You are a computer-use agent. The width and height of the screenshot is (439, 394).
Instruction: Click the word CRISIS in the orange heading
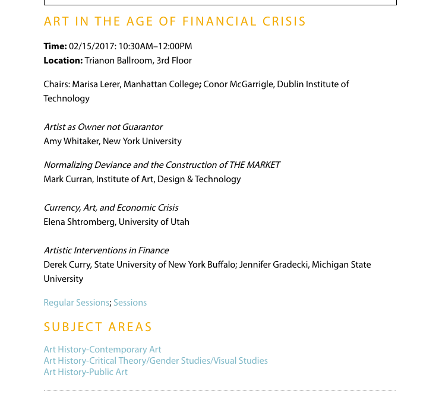point(285,22)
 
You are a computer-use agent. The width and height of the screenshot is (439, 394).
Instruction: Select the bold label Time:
point(55,46)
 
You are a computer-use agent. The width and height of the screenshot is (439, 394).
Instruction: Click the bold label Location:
point(63,61)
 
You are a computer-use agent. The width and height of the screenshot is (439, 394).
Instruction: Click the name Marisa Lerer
point(96,84)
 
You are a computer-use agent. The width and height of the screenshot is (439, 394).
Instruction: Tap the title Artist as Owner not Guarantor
point(103,127)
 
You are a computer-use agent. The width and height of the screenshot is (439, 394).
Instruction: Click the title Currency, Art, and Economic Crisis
point(111,208)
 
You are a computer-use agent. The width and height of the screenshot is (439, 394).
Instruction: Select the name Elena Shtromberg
point(79,222)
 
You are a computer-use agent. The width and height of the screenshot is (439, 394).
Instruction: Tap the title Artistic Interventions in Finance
point(106,250)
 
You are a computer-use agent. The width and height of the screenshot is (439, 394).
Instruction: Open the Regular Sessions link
point(77,303)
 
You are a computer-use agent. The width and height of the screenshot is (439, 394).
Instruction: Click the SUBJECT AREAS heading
point(98,327)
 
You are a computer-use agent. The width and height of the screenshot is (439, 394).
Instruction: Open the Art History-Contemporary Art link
point(102,349)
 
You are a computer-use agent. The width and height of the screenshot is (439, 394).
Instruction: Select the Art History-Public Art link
point(86,372)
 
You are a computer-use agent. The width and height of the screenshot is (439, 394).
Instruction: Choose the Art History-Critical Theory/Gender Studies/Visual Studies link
point(156,361)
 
